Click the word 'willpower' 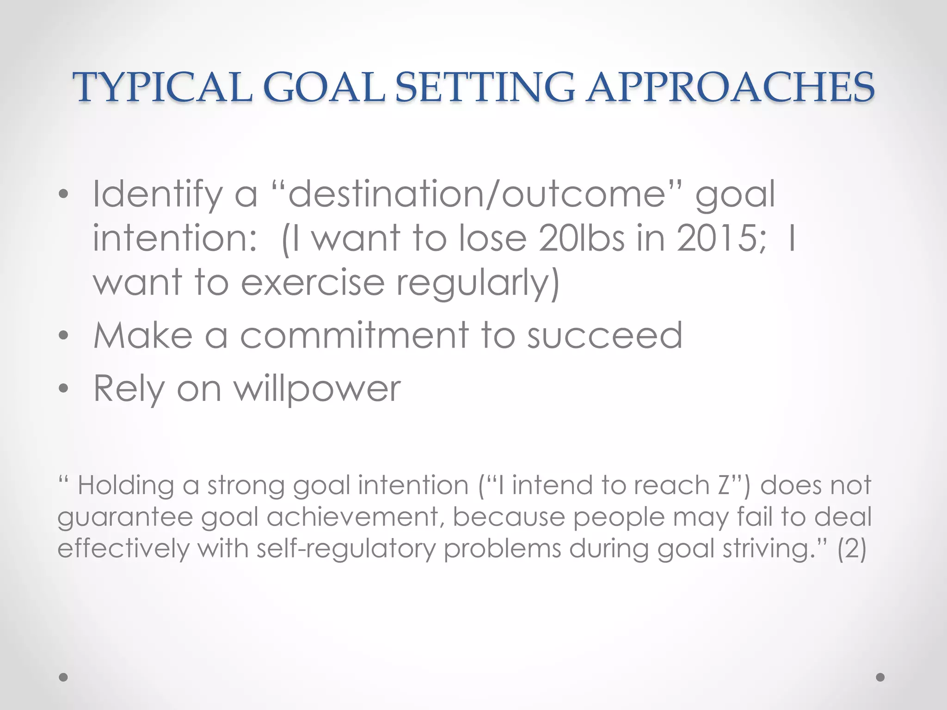(317, 389)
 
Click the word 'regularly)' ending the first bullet (478, 283)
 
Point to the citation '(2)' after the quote (852, 549)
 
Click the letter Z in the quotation (725, 485)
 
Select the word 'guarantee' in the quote (125, 518)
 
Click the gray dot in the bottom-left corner (63, 677)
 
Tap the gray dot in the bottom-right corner (880, 677)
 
